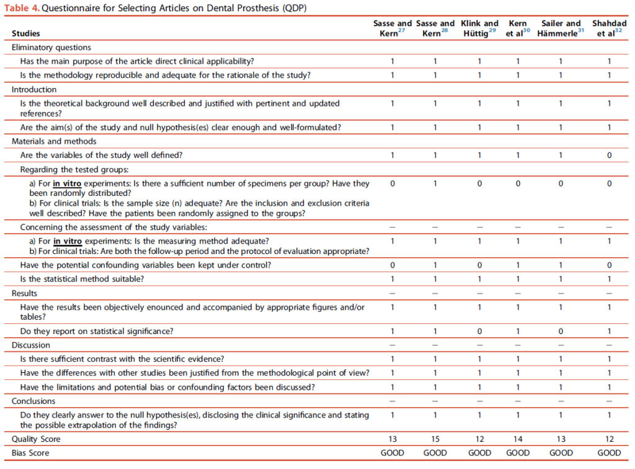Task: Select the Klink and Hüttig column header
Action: click(x=479, y=28)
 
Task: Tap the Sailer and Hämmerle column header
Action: click(x=561, y=28)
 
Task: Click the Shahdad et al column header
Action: click(x=608, y=28)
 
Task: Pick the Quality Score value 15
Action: click(x=435, y=439)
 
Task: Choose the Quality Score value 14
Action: click(x=517, y=439)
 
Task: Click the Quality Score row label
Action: click(x=37, y=439)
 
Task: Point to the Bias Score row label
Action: click(x=30, y=453)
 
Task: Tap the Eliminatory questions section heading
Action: click(x=51, y=47)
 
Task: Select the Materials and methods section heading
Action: click(x=54, y=141)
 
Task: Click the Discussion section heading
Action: click(x=31, y=345)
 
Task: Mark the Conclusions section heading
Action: click(x=34, y=401)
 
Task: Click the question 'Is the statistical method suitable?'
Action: click(x=82, y=279)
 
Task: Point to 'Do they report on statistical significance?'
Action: click(x=97, y=331)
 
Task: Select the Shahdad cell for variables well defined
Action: click(x=608, y=155)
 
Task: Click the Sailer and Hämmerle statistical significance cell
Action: click(x=561, y=331)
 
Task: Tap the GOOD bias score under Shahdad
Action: click(x=608, y=453)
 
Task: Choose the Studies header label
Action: click(x=26, y=33)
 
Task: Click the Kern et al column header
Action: click(x=517, y=28)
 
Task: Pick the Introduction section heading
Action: click(x=34, y=89)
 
